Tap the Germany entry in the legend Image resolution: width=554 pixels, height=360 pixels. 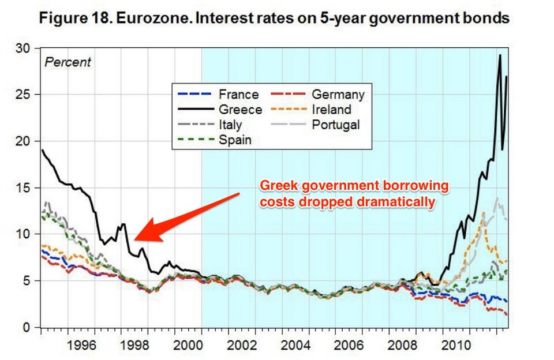point(338,95)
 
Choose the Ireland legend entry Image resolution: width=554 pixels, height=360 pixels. point(331,110)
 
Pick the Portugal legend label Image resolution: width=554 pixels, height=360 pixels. point(335,125)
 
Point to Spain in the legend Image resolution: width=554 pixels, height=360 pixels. point(235,140)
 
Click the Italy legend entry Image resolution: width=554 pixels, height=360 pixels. point(231,125)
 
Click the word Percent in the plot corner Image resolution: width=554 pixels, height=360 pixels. point(68,62)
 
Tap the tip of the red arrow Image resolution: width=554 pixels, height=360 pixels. point(134,239)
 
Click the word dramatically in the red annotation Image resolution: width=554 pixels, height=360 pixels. point(398,202)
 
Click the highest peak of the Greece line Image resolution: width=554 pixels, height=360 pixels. point(500,55)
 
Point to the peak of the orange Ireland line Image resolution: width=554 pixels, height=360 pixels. point(484,213)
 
